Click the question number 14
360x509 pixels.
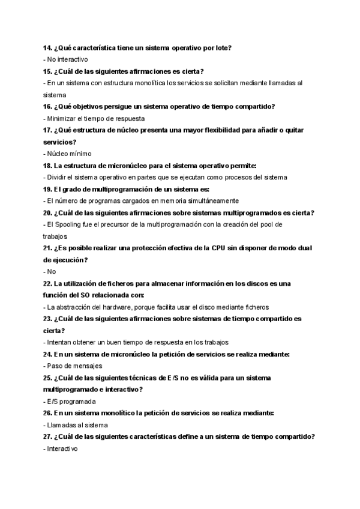coord(47,47)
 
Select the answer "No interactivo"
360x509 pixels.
coord(67,59)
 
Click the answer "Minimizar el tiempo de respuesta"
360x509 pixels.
coord(89,118)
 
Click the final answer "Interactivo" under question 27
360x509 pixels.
coord(62,448)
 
